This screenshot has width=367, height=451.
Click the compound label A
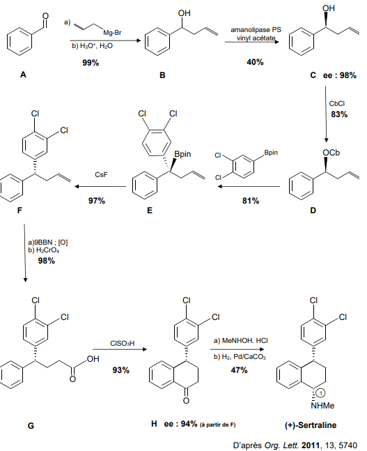(23, 75)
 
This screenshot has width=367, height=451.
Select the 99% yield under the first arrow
(91, 63)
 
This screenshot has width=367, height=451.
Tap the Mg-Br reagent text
(112, 33)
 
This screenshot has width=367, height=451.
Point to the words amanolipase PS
(256, 30)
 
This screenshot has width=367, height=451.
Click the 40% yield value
(255, 62)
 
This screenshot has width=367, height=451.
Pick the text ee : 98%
(340, 75)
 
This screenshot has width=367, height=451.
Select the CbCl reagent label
(337, 104)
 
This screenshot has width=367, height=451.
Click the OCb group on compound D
(331, 153)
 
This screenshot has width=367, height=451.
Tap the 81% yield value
(251, 201)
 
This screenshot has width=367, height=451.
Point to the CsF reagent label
(101, 174)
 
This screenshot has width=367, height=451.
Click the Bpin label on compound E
(182, 154)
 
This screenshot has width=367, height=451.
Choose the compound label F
(19, 211)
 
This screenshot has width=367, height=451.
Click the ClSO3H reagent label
(122, 344)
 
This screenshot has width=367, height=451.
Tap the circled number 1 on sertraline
(321, 392)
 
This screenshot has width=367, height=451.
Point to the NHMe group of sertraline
(322, 406)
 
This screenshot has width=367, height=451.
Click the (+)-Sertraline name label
(311, 425)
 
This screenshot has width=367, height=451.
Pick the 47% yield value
(239, 370)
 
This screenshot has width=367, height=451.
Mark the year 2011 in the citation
(311, 445)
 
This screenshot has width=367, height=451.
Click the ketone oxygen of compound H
(186, 400)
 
